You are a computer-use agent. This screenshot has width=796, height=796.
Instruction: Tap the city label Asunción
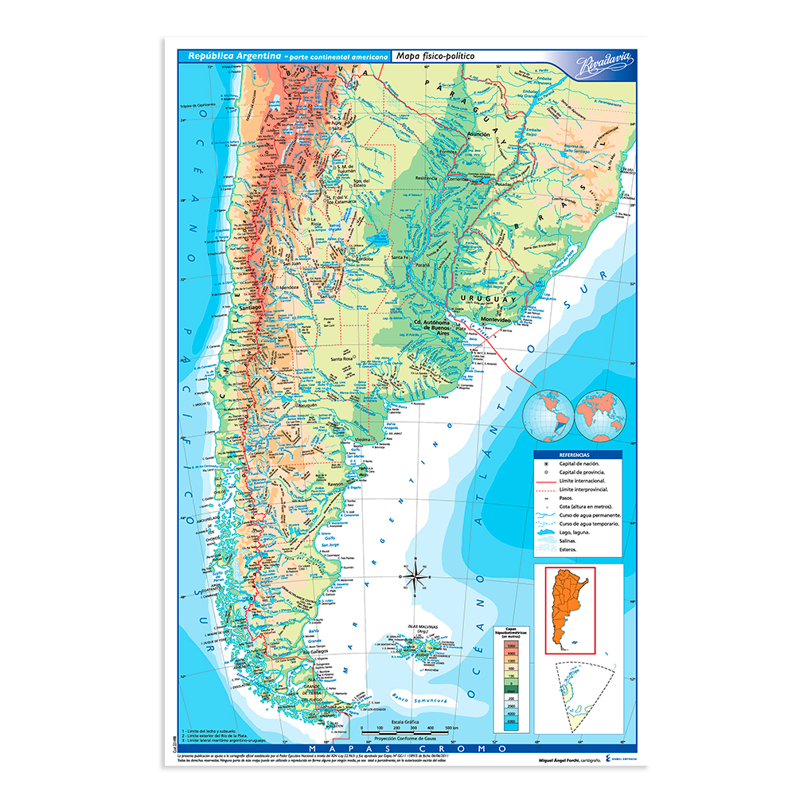coord(478,135)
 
